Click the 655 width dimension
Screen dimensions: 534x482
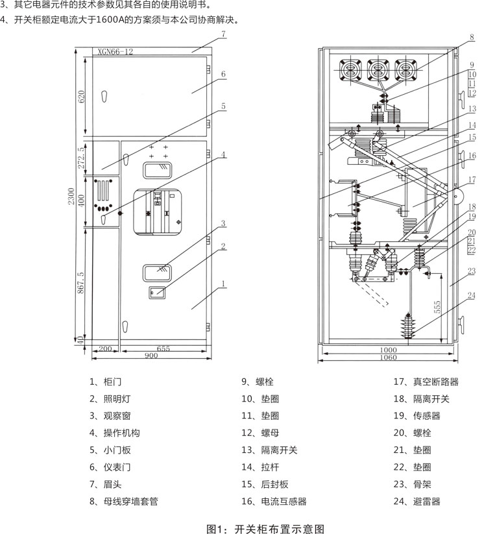click(163, 348)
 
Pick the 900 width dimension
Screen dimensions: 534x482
click(151, 356)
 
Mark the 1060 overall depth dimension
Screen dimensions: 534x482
click(388, 356)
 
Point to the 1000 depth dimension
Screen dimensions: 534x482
click(388, 348)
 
